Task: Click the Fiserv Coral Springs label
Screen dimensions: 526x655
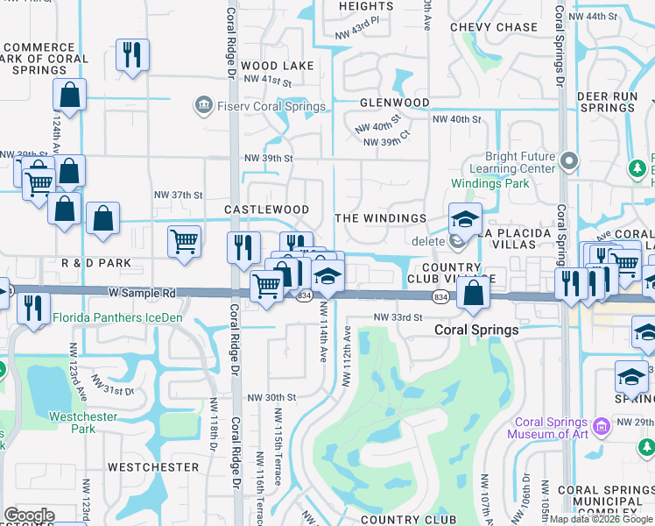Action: (x=271, y=107)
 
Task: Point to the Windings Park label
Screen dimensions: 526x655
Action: (x=490, y=184)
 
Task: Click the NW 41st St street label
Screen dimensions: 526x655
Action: (x=267, y=82)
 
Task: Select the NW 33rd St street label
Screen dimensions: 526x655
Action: (x=398, y=316)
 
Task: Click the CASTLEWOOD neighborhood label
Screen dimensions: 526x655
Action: (x=266, y=210)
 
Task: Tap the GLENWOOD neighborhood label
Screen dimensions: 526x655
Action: (x=394, y=103)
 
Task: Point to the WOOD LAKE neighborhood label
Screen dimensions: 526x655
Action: (x=277, y=66)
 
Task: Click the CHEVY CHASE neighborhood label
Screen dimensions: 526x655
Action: (x=494, y=27)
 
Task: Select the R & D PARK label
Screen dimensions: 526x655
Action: (x=96, y=263)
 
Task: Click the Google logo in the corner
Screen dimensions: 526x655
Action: (x=29, y=515)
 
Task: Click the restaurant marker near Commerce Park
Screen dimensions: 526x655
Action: (x=132, y=54)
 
